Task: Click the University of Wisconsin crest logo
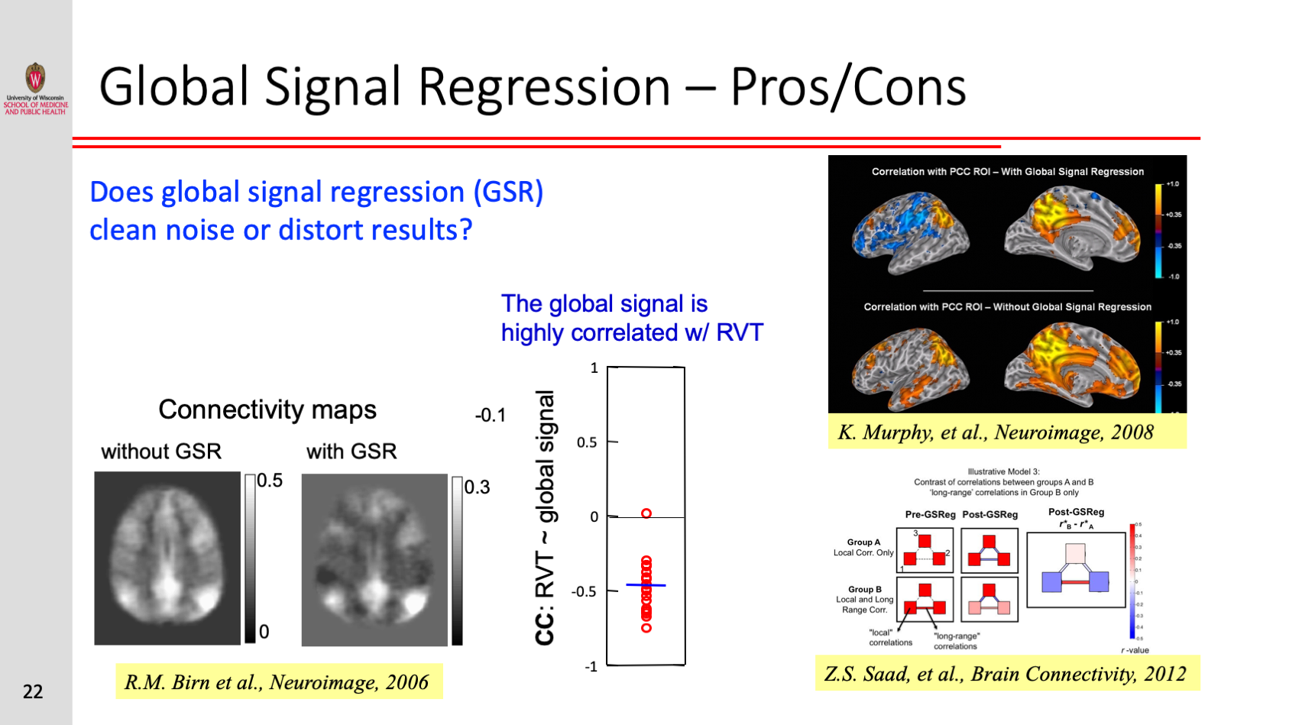pyautogui.click(x=35, y=78)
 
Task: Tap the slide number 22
pyautogui.click(x=33, y=692)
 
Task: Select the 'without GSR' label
pyautogui.click(x=161, y=452)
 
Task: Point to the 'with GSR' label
pyautogui.click(x=351, y=452)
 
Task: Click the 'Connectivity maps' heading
pyautogui.click(x=267, y=409)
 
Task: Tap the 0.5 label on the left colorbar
pyautogui.click(x=269, y=481)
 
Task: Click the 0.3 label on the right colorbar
pyautogui.click(x=477, y=487)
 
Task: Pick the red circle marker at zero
pyautogui.click(x=646, y=513)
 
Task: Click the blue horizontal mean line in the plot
pyautogui.click(x=646, y=585)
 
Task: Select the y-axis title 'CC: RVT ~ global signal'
pyautogui.click(x=545, y=518)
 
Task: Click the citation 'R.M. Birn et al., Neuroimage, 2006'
pyautogui.click(x=277, y=682)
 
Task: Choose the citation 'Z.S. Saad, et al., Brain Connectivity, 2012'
pyautogui.click(x=1005, y=674)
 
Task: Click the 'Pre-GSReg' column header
pyautogui.click(x=930, y=514)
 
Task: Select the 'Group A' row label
pyautogui.click(x=863, y=542)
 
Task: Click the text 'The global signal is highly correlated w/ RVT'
pyautogui.click(x=631, y=318)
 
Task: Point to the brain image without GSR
pyautogui.click(x=167, y=558)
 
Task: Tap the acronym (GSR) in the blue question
pyautogui.click(x=508, y=192)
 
